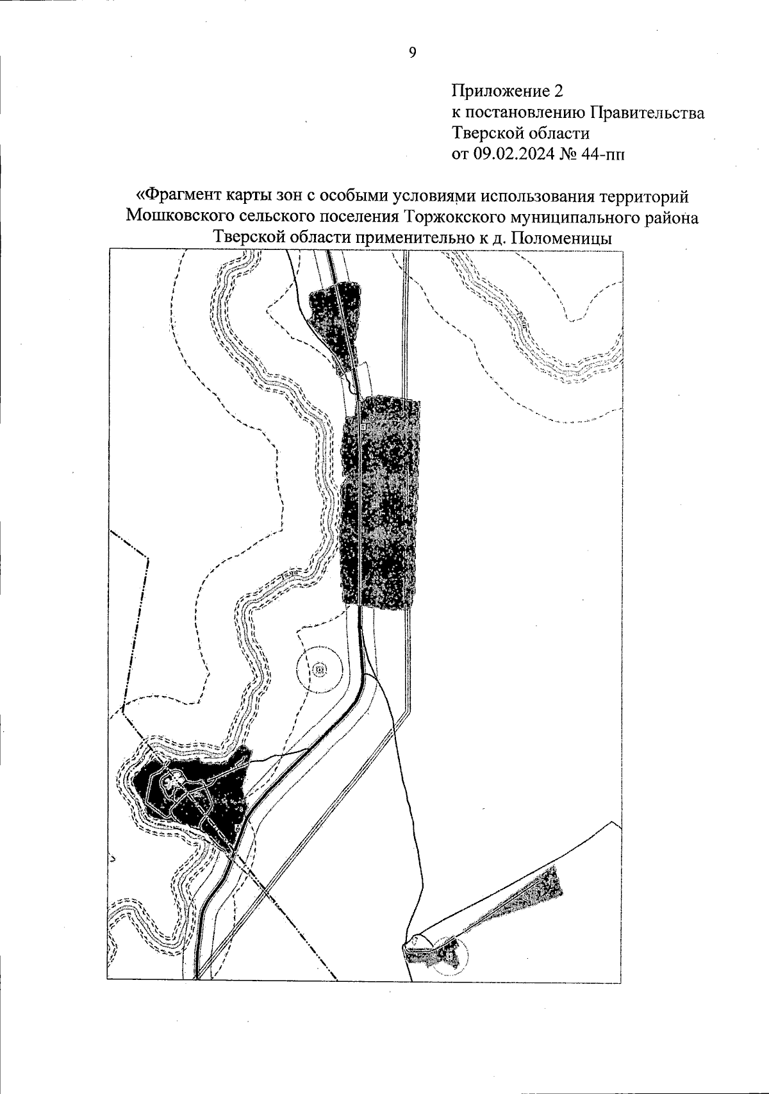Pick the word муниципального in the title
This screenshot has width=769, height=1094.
click(x=568, y=217)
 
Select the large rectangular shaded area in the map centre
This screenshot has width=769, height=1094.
click(x=381, y=503)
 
